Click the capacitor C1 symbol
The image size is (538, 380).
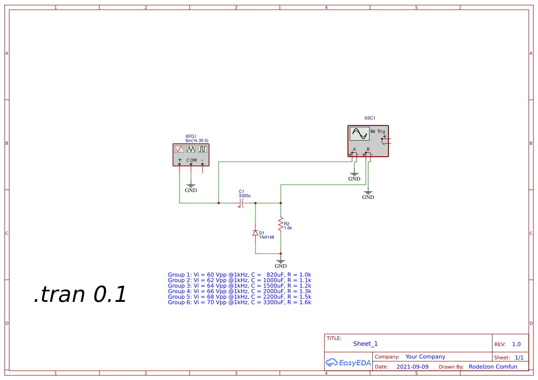(241, 203)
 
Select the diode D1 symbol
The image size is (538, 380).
(255, 233)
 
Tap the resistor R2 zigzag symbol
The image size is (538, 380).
(281, 224)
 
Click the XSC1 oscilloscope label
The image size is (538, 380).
(370, 118)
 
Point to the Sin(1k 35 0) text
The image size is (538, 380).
(197, 141)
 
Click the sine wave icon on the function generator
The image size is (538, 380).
(179, 149)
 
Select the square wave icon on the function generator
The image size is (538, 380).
(202, 149)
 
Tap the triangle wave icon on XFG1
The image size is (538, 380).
(191, 149)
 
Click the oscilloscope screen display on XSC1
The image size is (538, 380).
(359, 134)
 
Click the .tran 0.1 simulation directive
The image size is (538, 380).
(80, 295)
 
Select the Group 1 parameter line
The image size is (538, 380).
(239, 275)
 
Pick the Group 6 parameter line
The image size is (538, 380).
(239, 302)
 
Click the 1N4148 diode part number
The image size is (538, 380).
(266, 237)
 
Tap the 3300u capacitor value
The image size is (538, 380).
(244, 196)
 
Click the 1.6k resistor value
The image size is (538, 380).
(288, 228)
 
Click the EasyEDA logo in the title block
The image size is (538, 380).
(348, 363)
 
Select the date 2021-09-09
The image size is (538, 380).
(412, 367)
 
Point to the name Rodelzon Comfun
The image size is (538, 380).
(492, 367)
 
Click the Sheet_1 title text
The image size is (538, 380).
(365, 344)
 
